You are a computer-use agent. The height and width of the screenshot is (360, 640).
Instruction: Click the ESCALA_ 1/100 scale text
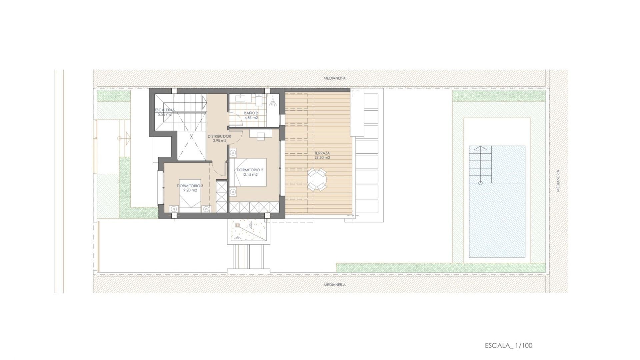pos(508,345)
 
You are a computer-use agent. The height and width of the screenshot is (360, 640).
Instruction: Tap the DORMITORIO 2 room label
pos(250,170)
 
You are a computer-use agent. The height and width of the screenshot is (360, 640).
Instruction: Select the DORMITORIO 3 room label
pos(190,186)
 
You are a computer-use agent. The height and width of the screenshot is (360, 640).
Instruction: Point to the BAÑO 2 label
pos(251,113)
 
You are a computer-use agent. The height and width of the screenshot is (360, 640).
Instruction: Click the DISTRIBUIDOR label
pos(219,136)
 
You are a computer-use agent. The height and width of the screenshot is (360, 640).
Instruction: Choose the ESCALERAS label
pos(165,110)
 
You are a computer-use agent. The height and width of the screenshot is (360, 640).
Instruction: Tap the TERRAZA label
pos(322,153)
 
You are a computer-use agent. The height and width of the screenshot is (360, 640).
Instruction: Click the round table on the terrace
pos(317,180)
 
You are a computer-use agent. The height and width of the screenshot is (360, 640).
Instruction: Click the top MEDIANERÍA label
pos(335,78)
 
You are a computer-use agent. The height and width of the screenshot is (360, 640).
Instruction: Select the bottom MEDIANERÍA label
pos(335,285)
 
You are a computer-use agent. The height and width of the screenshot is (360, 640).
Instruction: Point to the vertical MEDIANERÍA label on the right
pos(558,180)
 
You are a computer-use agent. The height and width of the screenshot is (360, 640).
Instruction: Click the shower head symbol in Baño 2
pos(273,103)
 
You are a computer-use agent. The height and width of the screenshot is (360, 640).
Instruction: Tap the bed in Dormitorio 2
pos(250,172)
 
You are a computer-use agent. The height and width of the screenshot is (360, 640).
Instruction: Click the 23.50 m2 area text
pos(322,158)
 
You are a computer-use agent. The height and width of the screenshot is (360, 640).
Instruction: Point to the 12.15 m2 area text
pos(250,174)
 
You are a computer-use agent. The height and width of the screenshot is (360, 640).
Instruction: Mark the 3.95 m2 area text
pos(219,141)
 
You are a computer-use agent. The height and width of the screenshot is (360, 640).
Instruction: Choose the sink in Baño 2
pos(241,98)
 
